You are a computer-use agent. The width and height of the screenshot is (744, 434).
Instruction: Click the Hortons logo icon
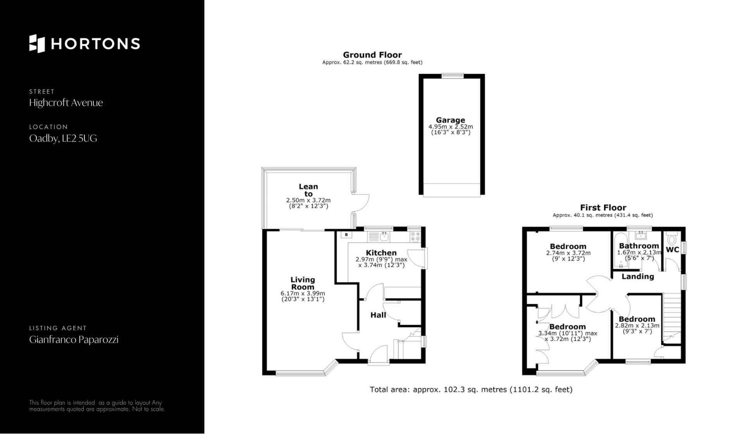[37, 43]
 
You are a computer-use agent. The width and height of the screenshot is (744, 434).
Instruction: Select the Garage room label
[450, 120]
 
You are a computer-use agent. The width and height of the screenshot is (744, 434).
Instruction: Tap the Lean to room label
[308, 190]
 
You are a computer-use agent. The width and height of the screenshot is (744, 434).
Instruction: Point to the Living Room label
[303, 283]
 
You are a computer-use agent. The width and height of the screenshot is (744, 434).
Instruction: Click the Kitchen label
[381, 253]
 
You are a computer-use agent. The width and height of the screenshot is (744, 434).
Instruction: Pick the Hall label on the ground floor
[378, 315]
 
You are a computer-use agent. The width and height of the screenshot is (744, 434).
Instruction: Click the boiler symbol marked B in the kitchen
[346, 235]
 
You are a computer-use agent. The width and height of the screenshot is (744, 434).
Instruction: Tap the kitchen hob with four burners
[415, 236]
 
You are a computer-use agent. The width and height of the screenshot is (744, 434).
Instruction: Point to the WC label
[672, 250]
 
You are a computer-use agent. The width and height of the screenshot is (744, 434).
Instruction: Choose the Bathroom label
[639, 246]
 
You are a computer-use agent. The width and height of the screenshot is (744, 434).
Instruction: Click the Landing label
[638, 276]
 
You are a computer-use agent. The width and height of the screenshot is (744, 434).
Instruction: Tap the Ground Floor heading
[372, 55]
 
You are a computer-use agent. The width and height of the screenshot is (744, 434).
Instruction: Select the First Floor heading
[603, 207]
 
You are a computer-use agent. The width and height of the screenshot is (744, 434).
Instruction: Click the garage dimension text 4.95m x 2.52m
[451, 127]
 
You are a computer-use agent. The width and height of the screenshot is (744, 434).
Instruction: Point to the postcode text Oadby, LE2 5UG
[63, 138]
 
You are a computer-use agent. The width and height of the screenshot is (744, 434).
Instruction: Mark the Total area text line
[471, 389]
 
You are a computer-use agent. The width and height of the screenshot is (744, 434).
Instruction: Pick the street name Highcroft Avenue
[66, 103]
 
